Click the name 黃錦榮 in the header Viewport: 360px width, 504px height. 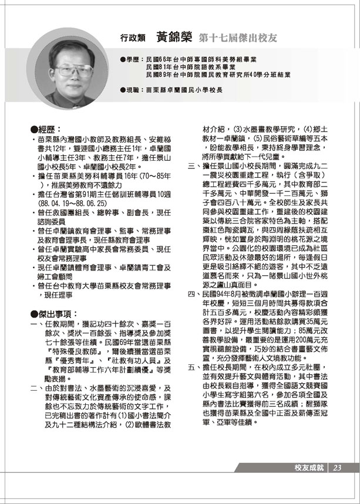click(x=174, y=36)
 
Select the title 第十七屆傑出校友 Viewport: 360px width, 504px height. click(x=238, y=37)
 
